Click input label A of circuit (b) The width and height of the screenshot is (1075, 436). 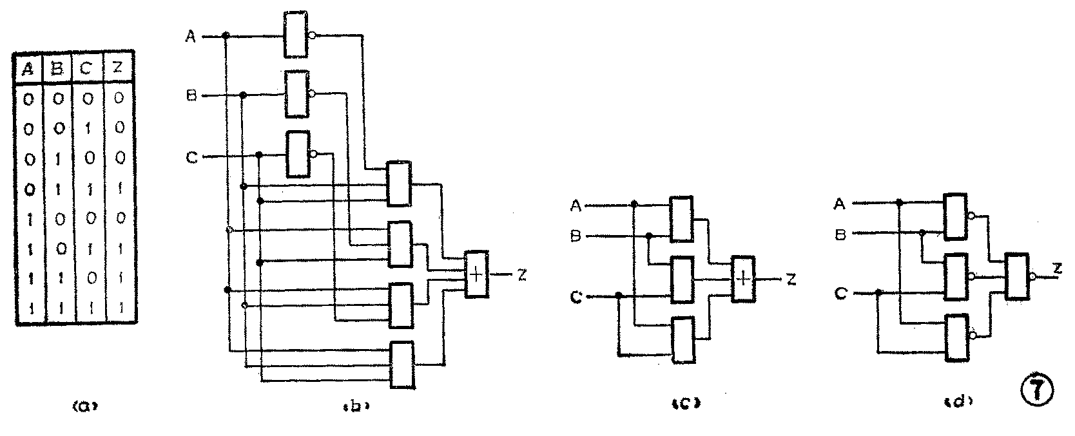coord(191,37)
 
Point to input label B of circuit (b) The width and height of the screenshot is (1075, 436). coord(191,97)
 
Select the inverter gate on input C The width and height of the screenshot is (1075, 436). coord(297,155)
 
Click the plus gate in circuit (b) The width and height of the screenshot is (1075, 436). coord(477,274)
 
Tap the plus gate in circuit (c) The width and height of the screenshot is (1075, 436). coord(743,279)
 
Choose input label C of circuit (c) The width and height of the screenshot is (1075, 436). coord(577,297)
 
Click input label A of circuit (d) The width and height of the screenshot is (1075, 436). coord(840,204)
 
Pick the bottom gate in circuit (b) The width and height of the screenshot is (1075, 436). coord(402,365)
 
